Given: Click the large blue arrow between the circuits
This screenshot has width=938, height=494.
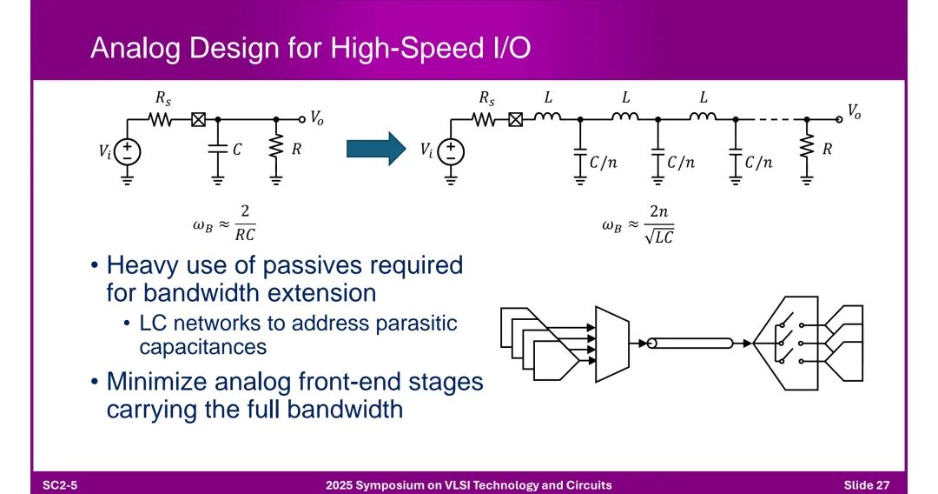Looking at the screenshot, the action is [x=376, y=148].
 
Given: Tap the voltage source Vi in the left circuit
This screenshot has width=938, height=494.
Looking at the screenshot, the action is [x=128, y=151].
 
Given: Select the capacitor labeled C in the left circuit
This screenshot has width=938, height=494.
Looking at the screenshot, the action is [x=218, y=149].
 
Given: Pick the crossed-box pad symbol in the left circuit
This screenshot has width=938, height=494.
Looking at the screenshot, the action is [x=199, y=120].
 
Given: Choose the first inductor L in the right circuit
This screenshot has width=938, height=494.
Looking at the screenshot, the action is [x=547, y=117].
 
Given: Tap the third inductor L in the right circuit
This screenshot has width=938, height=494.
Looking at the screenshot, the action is [x=703, y=117].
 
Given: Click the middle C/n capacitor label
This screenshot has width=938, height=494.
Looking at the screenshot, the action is [x=681, y=163].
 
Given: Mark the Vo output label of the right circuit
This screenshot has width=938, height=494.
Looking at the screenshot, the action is [x=854, y=110].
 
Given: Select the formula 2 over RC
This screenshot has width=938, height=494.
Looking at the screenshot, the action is [x=245, y=223].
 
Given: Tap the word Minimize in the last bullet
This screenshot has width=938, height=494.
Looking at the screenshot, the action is [x=155, y=382].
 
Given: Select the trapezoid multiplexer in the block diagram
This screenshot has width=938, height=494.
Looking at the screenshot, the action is [x=612, y=344].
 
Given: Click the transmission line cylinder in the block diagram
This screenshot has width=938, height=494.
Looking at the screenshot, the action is [x=690, y=344].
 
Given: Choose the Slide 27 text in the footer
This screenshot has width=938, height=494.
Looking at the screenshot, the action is [x=866, y=485].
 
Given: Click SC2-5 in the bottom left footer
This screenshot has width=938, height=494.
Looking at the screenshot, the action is [x=60, y=485].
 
